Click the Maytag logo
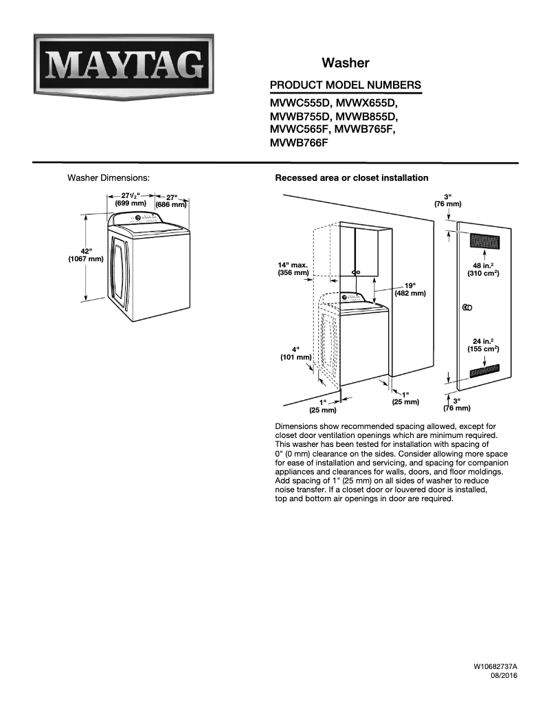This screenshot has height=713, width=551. click(124, 67)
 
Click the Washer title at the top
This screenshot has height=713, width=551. click(345, 63)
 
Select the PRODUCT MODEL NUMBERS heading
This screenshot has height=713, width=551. click(345, 85)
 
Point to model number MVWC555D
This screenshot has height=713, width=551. click(300, 103)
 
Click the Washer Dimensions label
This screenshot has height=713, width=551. click(108, 178)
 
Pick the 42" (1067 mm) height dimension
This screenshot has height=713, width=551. click(86, 255)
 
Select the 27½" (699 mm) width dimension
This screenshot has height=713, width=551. click(131, 199)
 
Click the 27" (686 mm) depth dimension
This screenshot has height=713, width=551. click(171, 201)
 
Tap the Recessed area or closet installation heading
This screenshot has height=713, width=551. click(352, 178)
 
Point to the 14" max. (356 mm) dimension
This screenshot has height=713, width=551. click(293, 269)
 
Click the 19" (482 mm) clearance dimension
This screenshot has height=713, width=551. click(410, 289)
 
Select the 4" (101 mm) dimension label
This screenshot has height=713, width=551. click(295, 353)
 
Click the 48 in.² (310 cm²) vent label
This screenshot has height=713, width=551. click(483, 270)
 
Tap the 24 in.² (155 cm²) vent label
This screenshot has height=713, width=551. click(483, 345)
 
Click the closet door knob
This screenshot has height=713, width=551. click(467, 308)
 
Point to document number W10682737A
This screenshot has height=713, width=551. click(495, 667)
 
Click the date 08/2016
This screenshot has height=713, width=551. click(504, 675)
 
